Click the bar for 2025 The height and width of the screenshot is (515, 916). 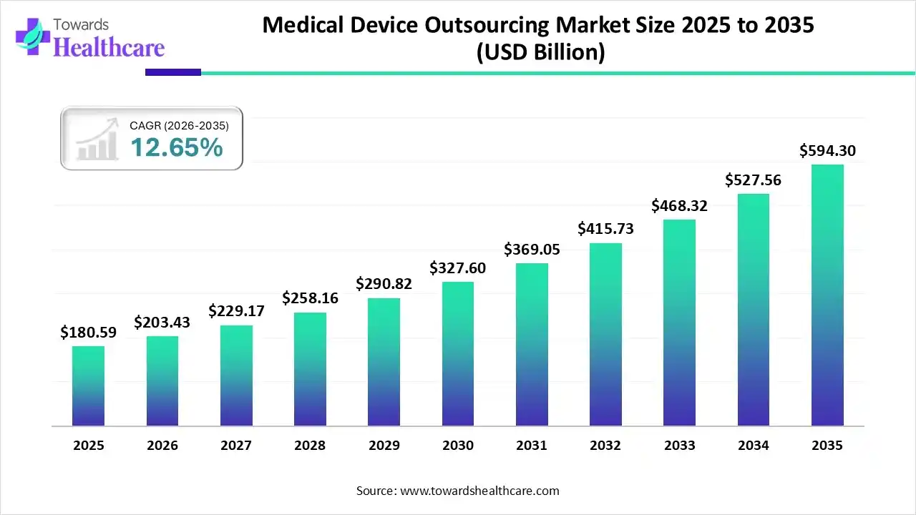point(88,386)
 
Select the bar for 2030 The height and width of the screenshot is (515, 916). point(458,354)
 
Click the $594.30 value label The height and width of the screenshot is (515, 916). point(827,151)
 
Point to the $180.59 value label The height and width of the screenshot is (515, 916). point(88,332)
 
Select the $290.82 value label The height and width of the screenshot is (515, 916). point(384,283)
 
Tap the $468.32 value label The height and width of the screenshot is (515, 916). point(679,206)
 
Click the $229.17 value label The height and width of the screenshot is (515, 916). point(236,311)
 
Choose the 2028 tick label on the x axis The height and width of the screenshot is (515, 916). point(310,446)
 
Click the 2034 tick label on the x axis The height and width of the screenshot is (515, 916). point(754,446)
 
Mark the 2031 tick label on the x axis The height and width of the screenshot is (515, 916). point(532,446)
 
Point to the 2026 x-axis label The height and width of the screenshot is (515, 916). point(162,446)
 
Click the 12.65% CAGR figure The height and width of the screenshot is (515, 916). point(176,147)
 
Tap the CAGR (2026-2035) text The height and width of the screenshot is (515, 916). point(179,126)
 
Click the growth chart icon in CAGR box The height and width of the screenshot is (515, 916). point(97,139)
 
